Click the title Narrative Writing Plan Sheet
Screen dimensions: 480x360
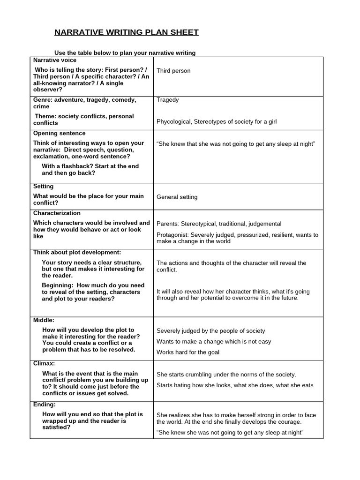(127, 32)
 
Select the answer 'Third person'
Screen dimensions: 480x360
(173, 71)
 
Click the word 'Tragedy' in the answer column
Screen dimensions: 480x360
(167, 100)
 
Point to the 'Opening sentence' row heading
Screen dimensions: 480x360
(59, 134)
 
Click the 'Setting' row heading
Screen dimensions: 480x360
(44, 187)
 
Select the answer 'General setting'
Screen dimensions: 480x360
(177, 197)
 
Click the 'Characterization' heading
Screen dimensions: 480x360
(57, 213)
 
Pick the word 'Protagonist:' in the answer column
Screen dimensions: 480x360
(173, 235)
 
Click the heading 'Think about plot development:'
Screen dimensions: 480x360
(77, 252)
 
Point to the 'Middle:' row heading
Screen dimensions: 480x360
(44, 320)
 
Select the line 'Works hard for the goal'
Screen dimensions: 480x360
(187, 352)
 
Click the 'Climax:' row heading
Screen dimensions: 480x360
(44, 363)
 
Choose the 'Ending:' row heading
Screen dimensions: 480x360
(44, 405)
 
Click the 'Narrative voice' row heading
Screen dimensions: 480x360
(55, 60)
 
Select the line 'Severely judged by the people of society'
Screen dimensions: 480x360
(210, 331)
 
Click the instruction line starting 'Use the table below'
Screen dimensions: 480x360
(125, 53)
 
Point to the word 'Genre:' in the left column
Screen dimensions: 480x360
(43, 100)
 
